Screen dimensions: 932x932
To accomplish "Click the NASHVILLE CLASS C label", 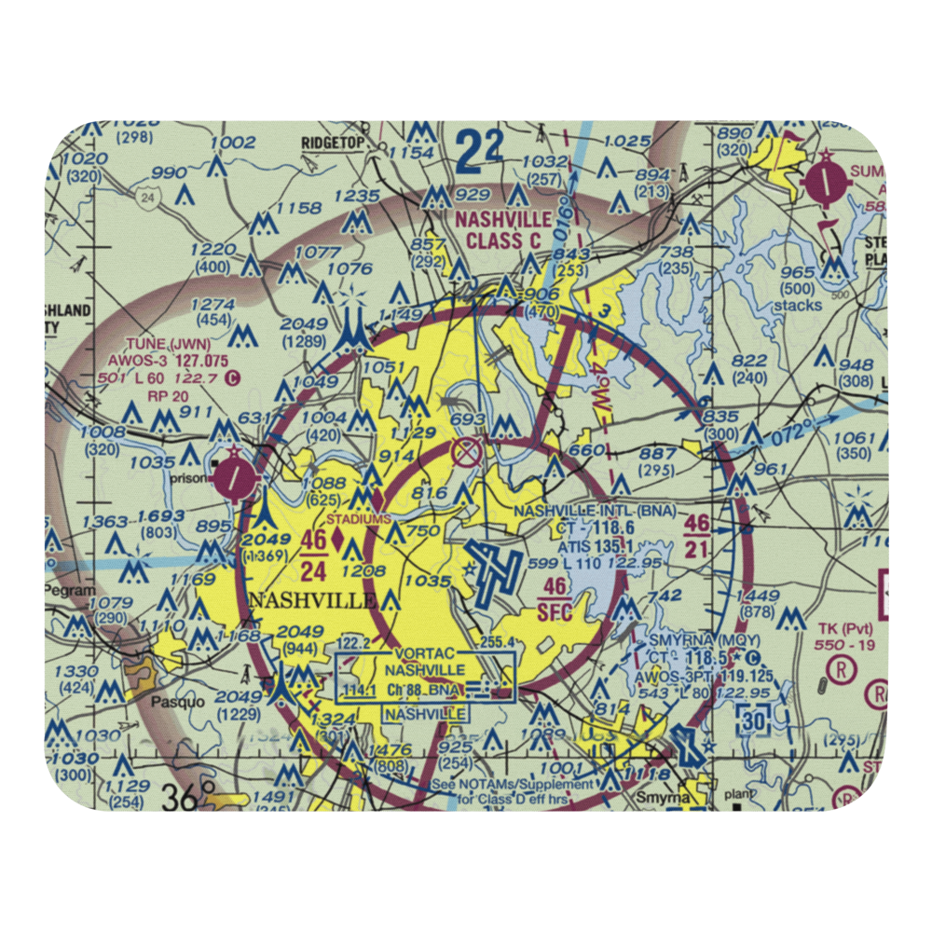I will pyautogui.click(x=503, y=230).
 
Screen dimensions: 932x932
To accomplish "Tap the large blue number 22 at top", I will pyautogui.click(x=483, y=150).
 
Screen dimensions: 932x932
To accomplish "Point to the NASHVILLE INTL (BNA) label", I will pyautogui.click(x=594, y=512).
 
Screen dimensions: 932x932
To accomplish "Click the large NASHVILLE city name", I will pyautogui.click(x=312, y=600).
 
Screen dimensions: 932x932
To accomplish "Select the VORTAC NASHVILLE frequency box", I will pyautogui.click(x=425, y=678).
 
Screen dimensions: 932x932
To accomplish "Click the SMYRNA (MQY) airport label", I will pyautogui.click(x=689, y=641).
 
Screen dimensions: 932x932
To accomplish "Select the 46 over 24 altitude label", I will pyautogui.click(x=314, y=554).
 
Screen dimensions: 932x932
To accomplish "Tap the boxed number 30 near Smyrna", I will pyautogui.click(x=754, y=720).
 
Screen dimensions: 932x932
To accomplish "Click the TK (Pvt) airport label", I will pyautogui.click(x=843, y=628).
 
